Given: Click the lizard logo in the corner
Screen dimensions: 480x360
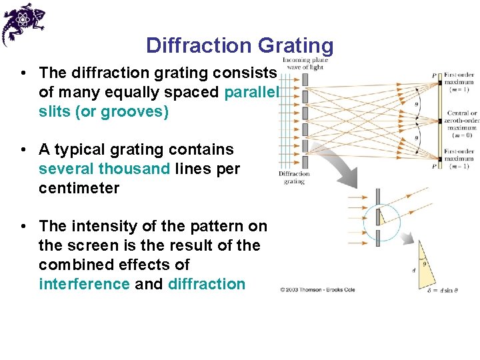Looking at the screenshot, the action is click(x=23, y=23).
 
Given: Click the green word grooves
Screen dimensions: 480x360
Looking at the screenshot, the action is click(x=131, y=111).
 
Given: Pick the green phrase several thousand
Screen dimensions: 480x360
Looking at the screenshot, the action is click(x=105, y=169).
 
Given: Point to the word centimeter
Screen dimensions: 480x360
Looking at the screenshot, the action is click(x=79, y=188).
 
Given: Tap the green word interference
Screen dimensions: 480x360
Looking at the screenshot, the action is click(x=85, y=284).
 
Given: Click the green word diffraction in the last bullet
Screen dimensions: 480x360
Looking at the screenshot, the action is click(x=207, y=284).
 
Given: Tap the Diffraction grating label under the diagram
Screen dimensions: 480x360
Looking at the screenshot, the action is click(x=294, y=177).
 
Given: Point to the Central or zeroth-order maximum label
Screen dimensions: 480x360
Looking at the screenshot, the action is click(x=462, y=120).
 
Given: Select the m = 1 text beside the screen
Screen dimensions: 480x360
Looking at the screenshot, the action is click(x=460, y=89).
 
